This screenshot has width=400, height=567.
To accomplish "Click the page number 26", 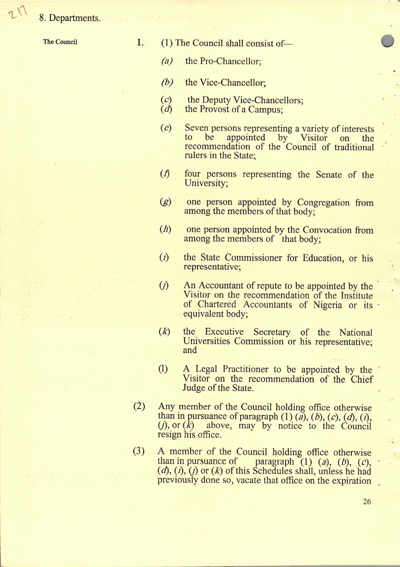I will [367, 501].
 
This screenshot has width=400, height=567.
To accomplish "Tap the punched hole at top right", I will [388, 41].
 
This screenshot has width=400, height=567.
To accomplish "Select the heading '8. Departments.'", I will [70, 18].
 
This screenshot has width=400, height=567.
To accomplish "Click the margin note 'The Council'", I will [60, 42].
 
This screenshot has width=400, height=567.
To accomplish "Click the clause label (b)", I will [167, 82].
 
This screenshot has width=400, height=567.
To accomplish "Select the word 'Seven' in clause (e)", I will [197, 129].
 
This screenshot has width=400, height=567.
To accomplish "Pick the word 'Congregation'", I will [323, 203].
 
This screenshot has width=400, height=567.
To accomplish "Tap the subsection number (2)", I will [139, 407].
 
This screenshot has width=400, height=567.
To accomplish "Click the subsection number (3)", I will [139, 451].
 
